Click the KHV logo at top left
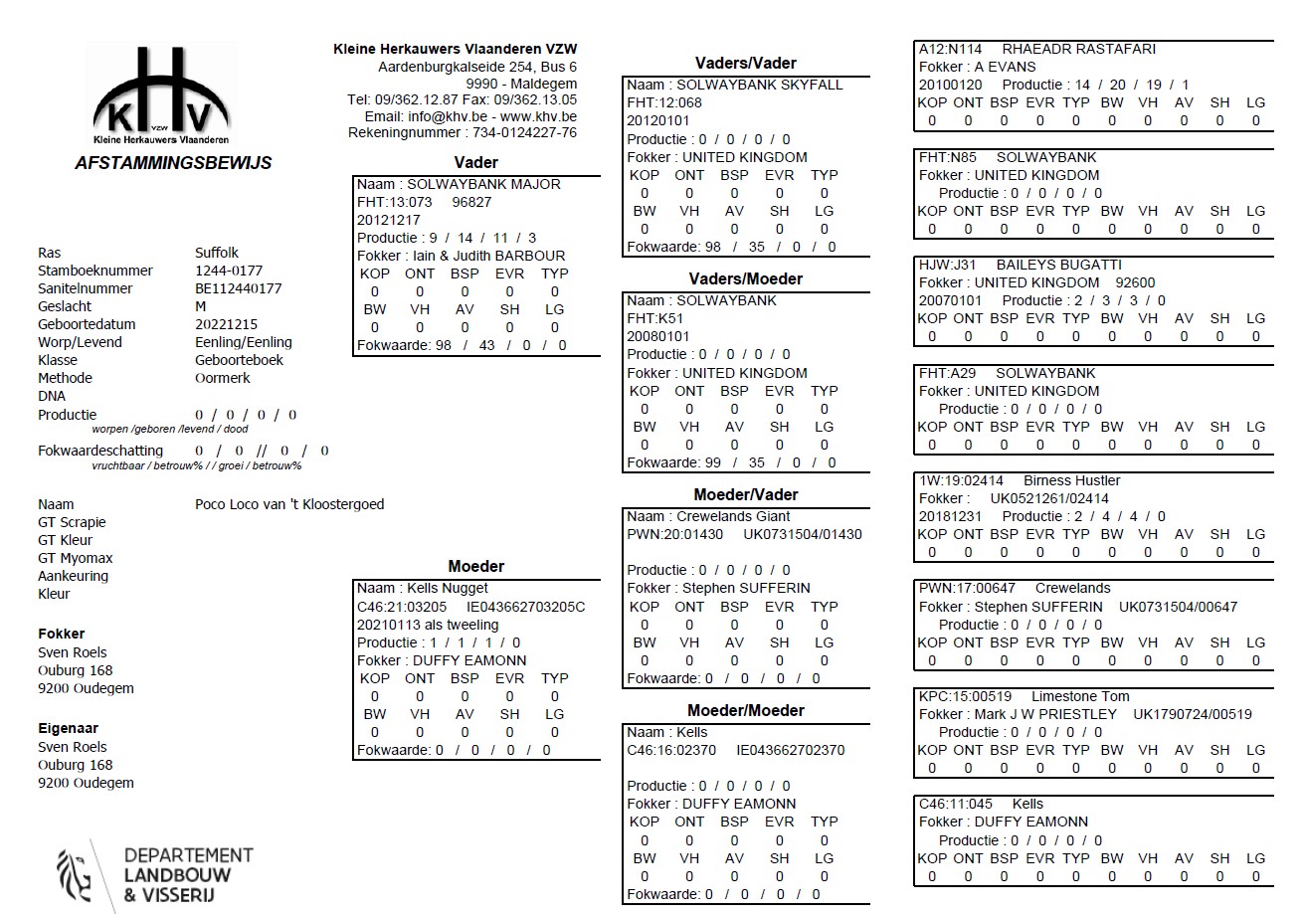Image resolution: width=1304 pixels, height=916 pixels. point(165,97)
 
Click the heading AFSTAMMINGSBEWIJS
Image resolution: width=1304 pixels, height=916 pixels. point(173,163)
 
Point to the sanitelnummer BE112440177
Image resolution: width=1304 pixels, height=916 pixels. point(238,288)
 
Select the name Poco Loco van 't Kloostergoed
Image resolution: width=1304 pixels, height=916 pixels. point(289,504)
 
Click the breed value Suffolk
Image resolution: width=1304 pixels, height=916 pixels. point(217,253)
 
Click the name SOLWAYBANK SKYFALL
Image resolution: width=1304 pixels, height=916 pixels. point(759,85)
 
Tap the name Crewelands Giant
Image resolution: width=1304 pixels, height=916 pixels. point(733,516)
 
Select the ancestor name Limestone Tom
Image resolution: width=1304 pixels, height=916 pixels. point(1080,696)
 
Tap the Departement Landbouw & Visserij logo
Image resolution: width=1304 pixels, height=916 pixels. point(155,875)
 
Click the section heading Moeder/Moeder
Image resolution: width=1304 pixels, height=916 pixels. point(746,710)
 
